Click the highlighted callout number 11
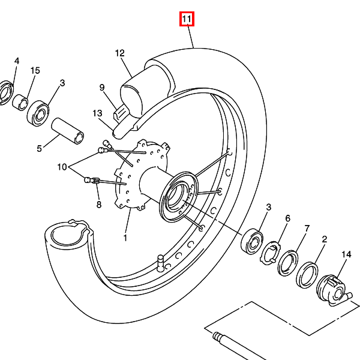coord(187,19)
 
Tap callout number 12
coord(119,53)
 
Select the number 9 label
coord(102,88)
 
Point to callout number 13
coord(97,113)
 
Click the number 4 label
coord(17,61)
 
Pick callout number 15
coord(35,70)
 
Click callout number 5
coord(39,149)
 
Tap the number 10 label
coord(62,167)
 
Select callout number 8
coord(99,205)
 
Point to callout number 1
coord(125,238)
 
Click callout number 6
coord(287,218)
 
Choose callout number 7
coord(307,228)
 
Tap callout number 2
coord(324,239)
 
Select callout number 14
coord(346,254)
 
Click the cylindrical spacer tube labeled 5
coord(67,131)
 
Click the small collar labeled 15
coord(20,102)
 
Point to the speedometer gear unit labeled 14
coord(334,290)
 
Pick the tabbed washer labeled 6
coord(270,253)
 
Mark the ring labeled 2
coord(307,275)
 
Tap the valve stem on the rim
coord(161,262)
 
